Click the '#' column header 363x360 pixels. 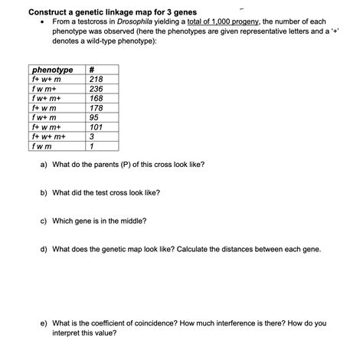[93, 70]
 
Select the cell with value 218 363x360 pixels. [96, 80]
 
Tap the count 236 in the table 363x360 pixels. [96, 89]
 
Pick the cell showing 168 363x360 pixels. [96, 99]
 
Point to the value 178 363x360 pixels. [96, 108]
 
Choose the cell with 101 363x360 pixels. [96, 127]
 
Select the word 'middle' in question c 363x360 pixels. [132, 221]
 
